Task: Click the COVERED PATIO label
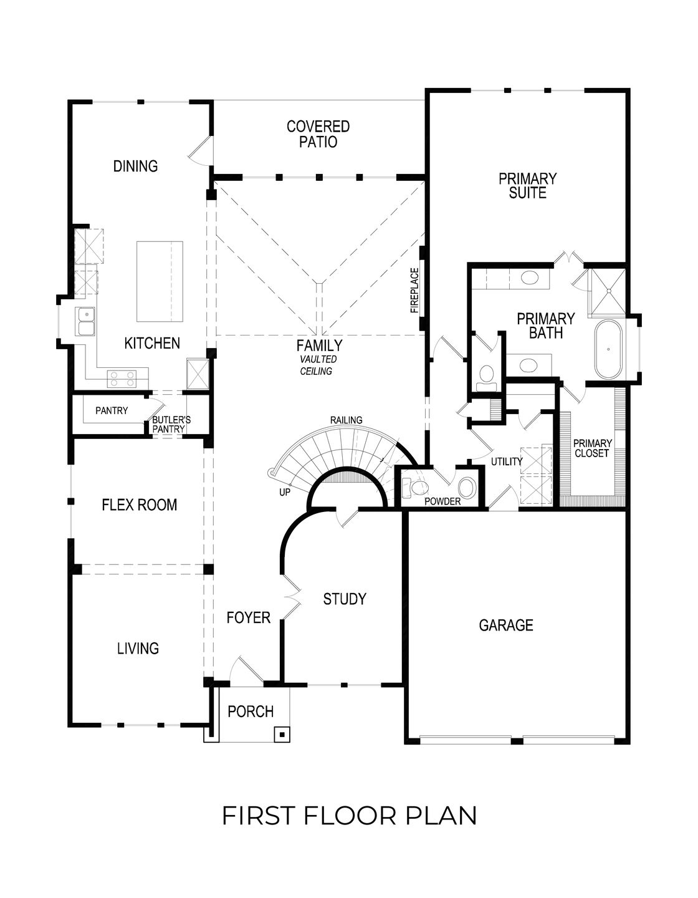pos(318,135)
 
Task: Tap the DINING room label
pos(135,166)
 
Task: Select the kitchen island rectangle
pos(160,281)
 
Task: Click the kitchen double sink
pos(85,322)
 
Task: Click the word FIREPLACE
pos(413,291)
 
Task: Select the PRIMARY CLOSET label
pos(591,448)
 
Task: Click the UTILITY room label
pos(506,462)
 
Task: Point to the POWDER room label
pos(442,501)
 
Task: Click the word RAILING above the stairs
pos(346,420)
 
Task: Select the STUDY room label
pos(344,599)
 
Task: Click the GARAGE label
pos(506,625)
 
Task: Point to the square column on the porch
pos(282,734)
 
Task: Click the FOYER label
pos(248,618)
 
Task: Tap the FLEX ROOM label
pos(139,505)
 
